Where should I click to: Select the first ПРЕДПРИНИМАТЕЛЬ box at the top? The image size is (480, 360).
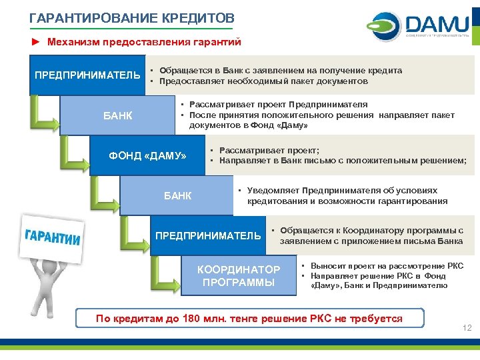(x=88, y=74)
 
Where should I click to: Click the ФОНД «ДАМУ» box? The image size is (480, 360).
(x=147, y=156)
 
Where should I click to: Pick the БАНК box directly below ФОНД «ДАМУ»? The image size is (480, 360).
(x=177, y=196)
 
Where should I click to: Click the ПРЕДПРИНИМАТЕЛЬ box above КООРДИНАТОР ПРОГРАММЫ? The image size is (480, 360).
(x=208, y=235)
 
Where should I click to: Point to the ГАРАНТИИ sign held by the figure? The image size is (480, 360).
(x=53, y=237)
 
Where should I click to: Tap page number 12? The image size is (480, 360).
(x=467, y=327)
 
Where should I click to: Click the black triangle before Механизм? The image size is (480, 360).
(x=35, y=42)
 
